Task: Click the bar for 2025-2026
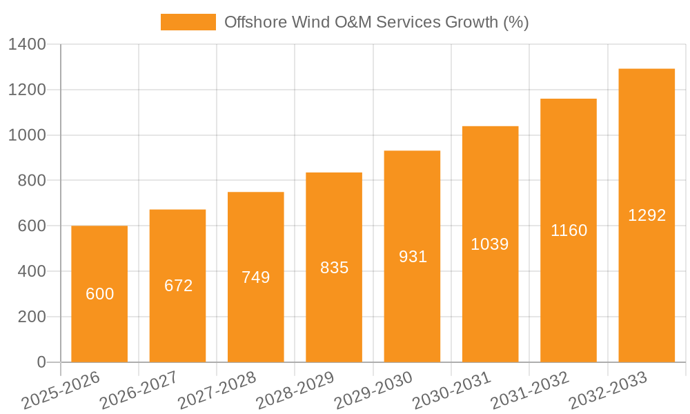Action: (x=99, y=294)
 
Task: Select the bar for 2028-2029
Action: (x=334, y=267)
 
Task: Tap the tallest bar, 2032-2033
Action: (x=647, y=215)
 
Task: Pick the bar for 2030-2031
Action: (x=490, y=244)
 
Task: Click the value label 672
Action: (x=178, y=286)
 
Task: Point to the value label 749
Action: (x=256, y=277)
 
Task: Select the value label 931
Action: (x=413, y=257)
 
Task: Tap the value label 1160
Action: (x=569, y=230)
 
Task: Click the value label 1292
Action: (x=647, y=215)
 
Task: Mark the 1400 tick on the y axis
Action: (x=27, y=45)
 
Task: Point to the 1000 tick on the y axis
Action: (x=27, y=135)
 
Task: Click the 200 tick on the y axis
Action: (x=32, y=317)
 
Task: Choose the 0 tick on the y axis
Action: (x=41, y=362)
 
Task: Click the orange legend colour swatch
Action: (x=188, y=22)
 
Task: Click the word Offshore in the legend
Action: (x=253, y=22)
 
